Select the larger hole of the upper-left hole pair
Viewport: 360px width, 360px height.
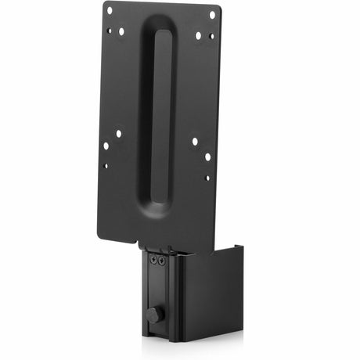tap(121, 32)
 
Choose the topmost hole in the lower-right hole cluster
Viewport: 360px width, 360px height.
tap(194, 142)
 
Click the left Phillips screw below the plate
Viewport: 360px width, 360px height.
tap(153, 259)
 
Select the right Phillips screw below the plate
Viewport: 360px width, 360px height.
tap(162, 259)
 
